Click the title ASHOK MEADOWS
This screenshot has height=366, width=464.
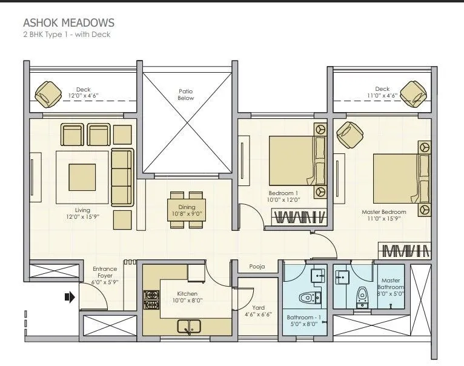68,23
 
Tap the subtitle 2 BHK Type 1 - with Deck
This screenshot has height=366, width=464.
67,35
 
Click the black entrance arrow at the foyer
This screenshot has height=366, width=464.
69,297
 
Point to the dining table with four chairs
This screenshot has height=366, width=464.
187,210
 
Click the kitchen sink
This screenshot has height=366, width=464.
190,327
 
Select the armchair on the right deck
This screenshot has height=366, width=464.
413,93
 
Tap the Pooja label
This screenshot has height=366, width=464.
257,267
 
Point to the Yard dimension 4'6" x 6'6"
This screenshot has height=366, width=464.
258,314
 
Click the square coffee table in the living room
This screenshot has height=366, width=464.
82,176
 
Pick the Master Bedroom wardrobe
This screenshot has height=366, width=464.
405,249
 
